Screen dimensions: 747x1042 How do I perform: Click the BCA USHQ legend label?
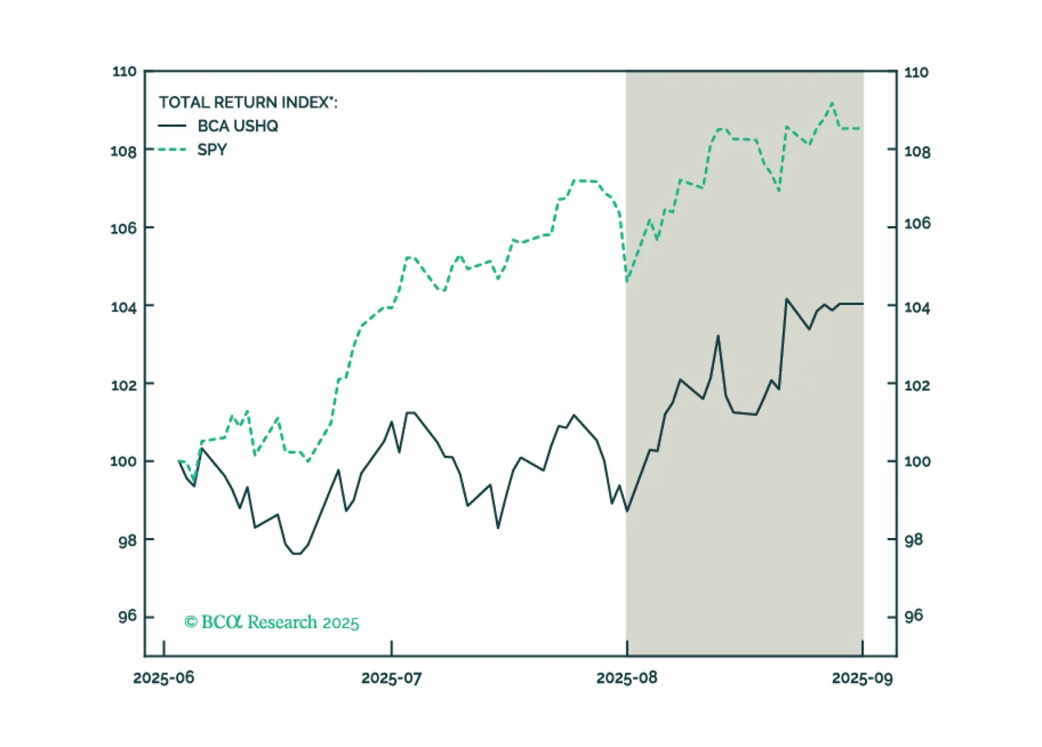tap(238, 126)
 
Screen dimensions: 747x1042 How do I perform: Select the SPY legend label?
tap(212, 150)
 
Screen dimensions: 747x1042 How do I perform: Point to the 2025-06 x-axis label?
tap(164, 678)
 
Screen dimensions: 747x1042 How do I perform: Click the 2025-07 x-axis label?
tap(392, 678)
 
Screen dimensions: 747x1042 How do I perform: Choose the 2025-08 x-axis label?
tap(627, 678)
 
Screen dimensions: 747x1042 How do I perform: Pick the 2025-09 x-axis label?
tap(862, 678)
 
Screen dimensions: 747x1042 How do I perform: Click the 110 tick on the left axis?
tap(124, 71)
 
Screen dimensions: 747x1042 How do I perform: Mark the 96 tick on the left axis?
tap(127, 616)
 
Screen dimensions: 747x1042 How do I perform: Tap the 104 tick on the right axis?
tap(917, 307)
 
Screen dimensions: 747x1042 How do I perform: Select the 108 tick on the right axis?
tap(917, 151)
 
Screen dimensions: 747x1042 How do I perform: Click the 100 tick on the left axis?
tap(123, 461)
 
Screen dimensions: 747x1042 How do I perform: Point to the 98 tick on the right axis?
tap(913, 539)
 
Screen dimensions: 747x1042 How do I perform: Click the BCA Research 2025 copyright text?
tap(272, 622)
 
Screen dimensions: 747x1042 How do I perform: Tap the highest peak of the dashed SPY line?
tap(832, 103)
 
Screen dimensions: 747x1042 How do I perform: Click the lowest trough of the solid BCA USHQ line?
tap(296, 554)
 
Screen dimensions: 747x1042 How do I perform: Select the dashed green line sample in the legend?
tap(172, 150)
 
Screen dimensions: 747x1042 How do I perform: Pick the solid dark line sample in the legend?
tap(172, 126)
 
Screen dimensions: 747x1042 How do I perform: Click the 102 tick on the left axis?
tap(123, 385)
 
